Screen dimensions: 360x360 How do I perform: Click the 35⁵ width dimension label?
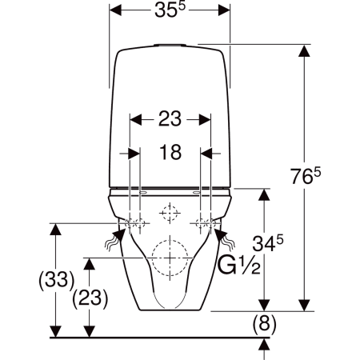170,10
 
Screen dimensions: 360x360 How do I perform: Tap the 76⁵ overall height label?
306,176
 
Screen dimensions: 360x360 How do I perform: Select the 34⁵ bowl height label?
268,243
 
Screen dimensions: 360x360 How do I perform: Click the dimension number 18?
170,152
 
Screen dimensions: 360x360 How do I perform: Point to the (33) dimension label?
56,281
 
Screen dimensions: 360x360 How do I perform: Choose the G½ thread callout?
239,265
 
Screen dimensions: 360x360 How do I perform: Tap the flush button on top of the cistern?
170,45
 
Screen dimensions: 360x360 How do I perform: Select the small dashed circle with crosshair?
170,213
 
